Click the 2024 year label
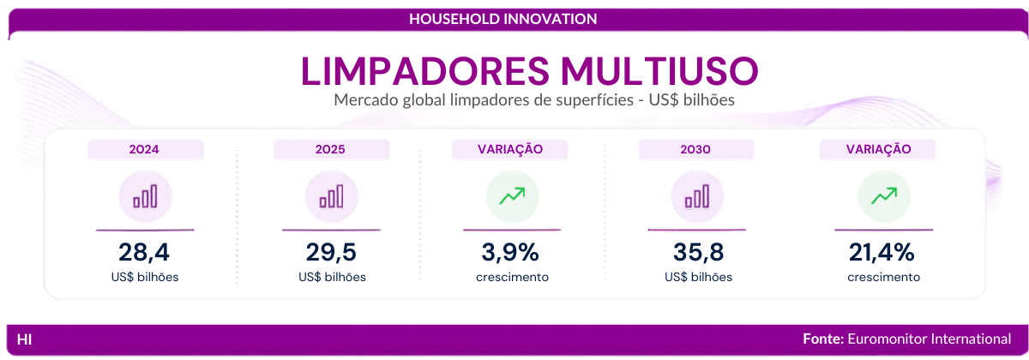144,149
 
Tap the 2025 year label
330,149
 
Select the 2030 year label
695,149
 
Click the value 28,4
144,252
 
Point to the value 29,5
331,252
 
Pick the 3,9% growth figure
510,252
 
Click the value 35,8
698,252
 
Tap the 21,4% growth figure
882,252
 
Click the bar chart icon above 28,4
145,196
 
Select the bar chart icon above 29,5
331,196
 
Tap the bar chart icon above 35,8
697,196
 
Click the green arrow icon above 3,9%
512,195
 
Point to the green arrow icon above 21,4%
884,195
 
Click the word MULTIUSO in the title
659,70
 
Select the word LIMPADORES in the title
425,70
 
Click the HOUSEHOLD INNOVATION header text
503,19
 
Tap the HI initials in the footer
24,339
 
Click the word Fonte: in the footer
823,339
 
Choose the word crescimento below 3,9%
512,277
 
